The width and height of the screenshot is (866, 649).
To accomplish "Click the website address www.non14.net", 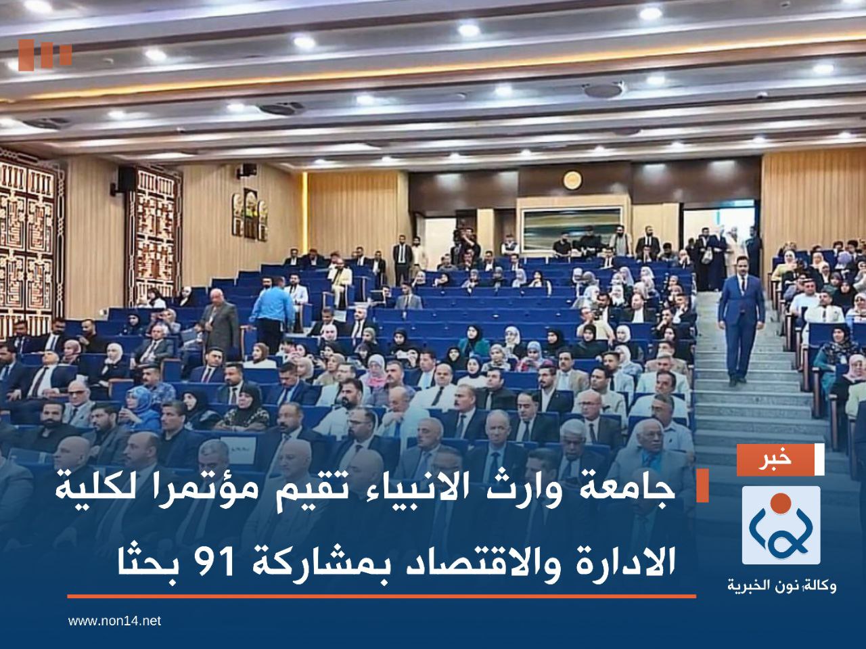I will (x=115, y=620).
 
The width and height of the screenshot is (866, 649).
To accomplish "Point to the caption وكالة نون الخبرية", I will (x=781, y=585).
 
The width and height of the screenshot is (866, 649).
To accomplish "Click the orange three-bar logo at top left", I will (x=45, y=55).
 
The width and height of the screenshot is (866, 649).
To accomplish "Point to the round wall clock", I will (x=572, y=179).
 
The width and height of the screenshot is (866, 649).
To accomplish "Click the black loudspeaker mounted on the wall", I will (x=126, y=179).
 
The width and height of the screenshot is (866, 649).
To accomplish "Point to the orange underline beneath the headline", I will (x=382, y=596).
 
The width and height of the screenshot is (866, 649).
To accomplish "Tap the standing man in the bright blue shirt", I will (x=271, y=313).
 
